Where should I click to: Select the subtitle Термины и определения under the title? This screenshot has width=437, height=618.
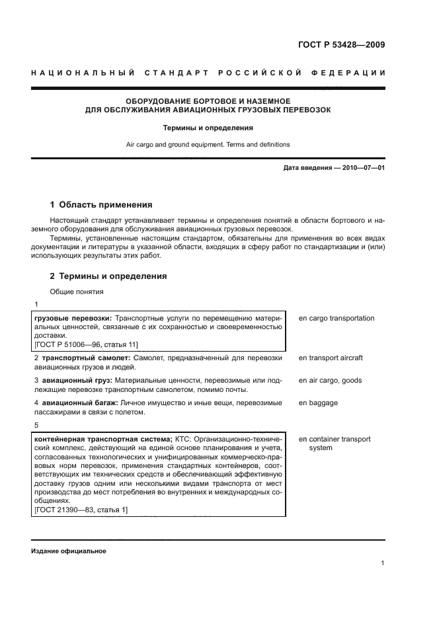[208, 128]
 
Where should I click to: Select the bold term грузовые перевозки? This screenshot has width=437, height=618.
[72, 319]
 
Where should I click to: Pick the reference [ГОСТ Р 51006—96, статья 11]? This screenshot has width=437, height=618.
[86, 344]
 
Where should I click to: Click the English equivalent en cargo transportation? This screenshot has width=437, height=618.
[337, 319]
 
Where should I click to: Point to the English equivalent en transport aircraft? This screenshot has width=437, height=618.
[331, 358]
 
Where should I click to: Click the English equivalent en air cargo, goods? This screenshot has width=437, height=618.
[330, 381]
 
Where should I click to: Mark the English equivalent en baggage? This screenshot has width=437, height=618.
[318, 403]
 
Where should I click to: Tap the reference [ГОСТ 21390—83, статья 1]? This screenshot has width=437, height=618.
[81, 509]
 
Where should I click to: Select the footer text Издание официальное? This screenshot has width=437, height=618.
[68, 551]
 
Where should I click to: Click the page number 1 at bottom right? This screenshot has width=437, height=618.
[383, 563]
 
